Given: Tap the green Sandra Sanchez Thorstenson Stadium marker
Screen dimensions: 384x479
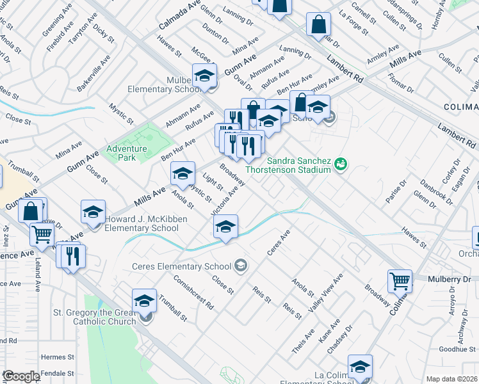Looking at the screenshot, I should click(x=342, y=164).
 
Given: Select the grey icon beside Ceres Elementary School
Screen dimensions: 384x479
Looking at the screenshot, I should click(x=241, y=266).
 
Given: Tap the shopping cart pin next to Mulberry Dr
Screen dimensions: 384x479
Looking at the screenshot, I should click(x=400, y=280).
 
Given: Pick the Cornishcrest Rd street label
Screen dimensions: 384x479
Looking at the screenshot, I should click(x=193, y=292).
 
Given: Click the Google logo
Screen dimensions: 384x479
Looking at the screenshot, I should click(x=21, y=376).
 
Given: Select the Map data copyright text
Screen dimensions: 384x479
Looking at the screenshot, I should click(x=452, y=379).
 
